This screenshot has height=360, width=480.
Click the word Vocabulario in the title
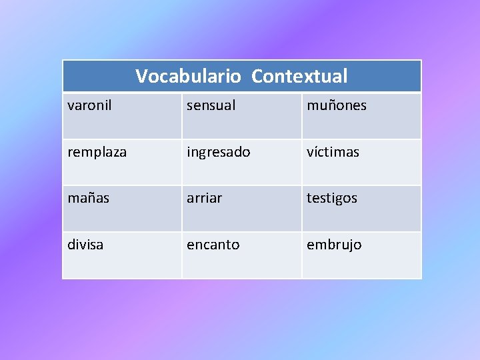[188, 76]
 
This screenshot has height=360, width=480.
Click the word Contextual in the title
[299, 76]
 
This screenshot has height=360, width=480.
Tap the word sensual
[211, 105]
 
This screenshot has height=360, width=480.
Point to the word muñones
[336, 105]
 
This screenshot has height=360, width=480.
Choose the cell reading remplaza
[97, 152]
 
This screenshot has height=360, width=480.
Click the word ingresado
[218, 152]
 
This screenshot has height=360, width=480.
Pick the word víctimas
[333, 152]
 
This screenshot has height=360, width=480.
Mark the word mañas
[87, 198]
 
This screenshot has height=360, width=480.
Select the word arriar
[204, 198]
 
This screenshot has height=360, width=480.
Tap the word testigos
[331, 198]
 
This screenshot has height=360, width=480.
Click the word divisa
[85, 245]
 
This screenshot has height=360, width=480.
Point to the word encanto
[213, 245]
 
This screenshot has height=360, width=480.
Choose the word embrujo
[333, 245]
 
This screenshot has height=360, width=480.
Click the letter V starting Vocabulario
[141, 76]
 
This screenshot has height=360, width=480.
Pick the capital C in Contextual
[257, 76]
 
